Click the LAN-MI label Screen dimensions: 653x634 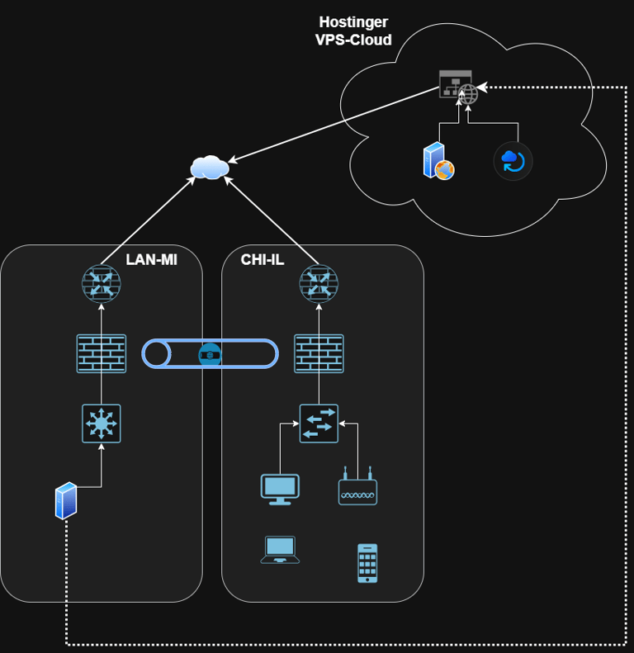point(151,260)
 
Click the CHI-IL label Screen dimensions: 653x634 point(263,260)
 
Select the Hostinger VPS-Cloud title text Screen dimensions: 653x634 point(353,31)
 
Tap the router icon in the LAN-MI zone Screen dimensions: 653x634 point(102,283)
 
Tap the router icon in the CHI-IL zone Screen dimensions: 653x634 point(319,283)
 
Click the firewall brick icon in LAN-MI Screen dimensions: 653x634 point(102,353)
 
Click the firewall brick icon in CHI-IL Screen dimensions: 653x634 point(319,353)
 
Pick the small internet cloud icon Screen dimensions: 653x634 point(209,167)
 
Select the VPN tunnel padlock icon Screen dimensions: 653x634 point(211,354)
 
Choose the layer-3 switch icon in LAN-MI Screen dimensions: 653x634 point(102,424)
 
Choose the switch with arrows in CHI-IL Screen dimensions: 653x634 point(319,423)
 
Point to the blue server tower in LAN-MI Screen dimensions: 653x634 point(66,500)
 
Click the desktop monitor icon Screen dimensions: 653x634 point(280,489)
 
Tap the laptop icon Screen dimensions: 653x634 point(280,550)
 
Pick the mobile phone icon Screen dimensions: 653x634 point(367,563)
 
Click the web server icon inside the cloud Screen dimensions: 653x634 point(438,161)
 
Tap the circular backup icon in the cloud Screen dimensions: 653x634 point(513,160)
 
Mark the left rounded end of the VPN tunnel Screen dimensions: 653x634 point(155,354)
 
